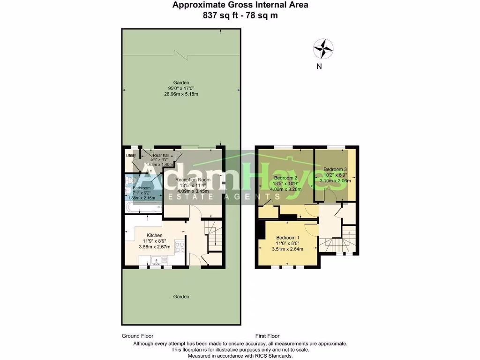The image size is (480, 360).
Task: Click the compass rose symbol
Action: (323, 48)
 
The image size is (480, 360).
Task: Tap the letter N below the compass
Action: (319, 67)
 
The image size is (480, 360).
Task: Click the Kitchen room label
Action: (154, 235)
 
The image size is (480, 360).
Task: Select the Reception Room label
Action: (193, 180)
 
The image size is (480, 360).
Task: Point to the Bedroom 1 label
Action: (287, 237)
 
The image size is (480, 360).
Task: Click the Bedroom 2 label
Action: (286, 178)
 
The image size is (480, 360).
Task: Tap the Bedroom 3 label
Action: (335, 169)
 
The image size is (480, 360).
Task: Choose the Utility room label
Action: (131, 156)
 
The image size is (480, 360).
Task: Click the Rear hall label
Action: (160, 155)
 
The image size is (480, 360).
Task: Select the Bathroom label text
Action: (142, 188)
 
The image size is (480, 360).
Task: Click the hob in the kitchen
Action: (179, 247)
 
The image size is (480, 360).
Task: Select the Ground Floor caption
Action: (137, 336)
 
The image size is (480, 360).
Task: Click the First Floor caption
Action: (267, 336)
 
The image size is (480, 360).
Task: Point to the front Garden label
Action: (181, 296)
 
